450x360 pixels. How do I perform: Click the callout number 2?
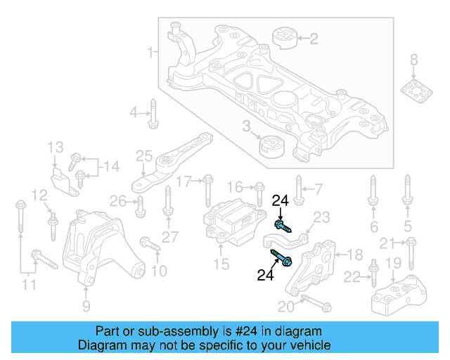tap(314, 38)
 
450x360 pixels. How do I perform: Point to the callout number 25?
tap(144, 155)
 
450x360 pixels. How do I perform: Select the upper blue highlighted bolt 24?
tap(282, 226)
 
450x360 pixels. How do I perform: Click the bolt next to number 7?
tap(298, 191)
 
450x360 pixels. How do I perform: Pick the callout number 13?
tap(56, 147)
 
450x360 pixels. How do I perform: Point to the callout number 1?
tap(150, 52)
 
